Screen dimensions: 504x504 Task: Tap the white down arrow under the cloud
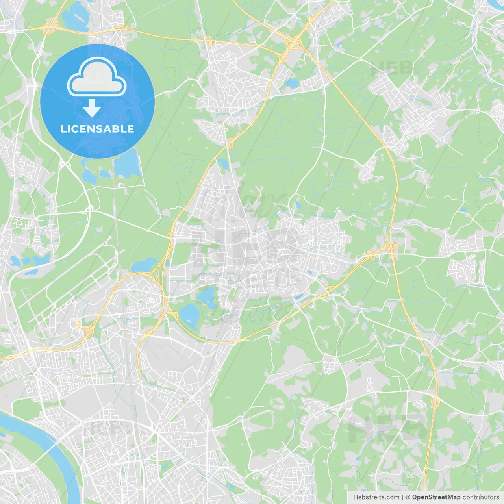coord(92,108)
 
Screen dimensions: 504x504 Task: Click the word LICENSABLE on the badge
coord(97,129)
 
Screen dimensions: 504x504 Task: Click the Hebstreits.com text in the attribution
coord(376,497)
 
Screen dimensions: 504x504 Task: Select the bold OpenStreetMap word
coord(436,497)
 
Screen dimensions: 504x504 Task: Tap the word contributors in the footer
coord(481,497)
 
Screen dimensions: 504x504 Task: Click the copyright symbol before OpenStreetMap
coord(408,497)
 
